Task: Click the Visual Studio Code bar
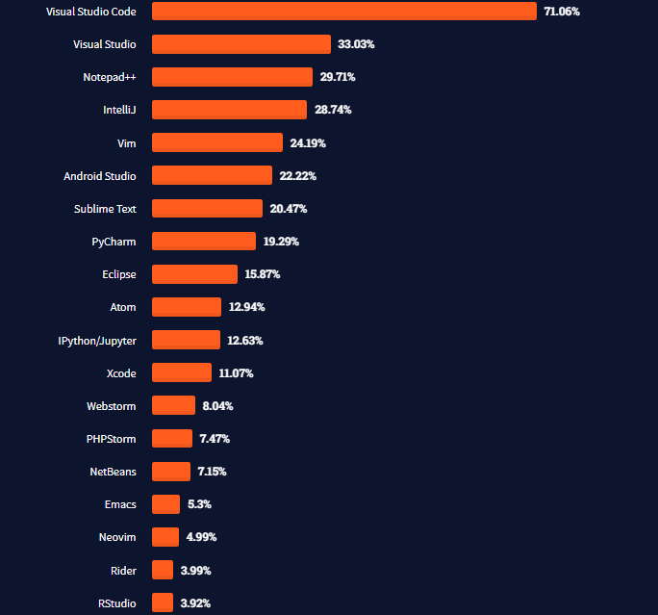click(x=343, y=11)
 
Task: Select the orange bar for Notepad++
click(x=232, y=77)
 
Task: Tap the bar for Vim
click(x=217, y=142)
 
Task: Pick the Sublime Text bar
click(x=207, y=209)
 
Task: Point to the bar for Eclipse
click(x=194, y=274)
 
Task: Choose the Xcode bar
click(x=182, y=372)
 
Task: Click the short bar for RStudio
click(x=163, y=603)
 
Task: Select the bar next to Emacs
click(x=165, y=504)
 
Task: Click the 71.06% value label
click(x=562, y=12)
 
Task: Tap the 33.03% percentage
click(x=356, y=44)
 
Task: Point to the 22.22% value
click(x=298, y=176)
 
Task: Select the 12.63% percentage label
click(x=245, y=341)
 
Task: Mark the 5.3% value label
click(x=200, y=504)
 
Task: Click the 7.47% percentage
click(x=215, y=439)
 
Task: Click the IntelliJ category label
click(x=119, y=110)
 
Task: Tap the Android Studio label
click(x=99, y=176)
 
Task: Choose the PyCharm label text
click(x=114, y=242)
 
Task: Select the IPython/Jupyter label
click(x=96, y=341)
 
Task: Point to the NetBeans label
click(x=113, y=472)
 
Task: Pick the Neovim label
click(x=116, y=537)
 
